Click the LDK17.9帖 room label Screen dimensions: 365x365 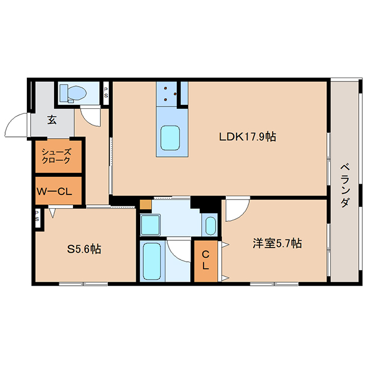(248, 137)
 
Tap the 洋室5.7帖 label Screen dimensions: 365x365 (277, 244)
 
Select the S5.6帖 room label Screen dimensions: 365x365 (84, 249)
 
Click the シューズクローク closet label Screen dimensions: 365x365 (56, 156)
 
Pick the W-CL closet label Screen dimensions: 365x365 (55, 192)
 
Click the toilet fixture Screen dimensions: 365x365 (73, 93)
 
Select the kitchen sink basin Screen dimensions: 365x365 (170, 138)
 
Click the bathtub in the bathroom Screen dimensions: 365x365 (152, 261)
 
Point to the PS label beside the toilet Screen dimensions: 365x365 (106, 92)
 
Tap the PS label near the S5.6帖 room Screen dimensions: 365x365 (37, 216)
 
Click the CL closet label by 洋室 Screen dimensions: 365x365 (205, 260)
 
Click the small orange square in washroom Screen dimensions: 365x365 (145, 205)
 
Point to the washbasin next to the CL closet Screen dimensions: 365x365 (210, 226)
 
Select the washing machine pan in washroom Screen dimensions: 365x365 (151, 225)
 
